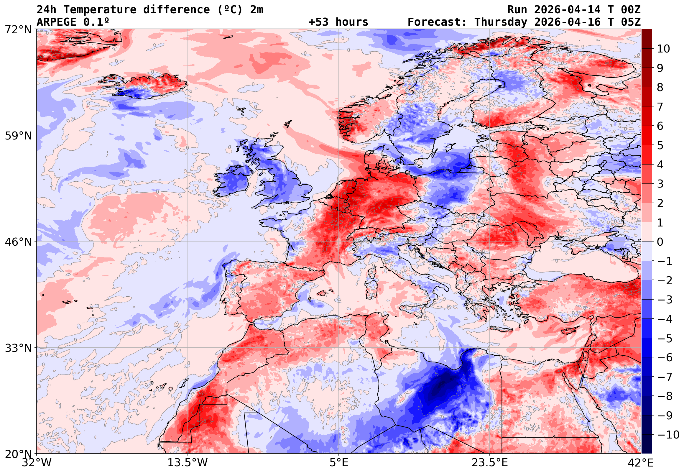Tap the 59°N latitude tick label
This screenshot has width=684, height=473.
tap(18, 136)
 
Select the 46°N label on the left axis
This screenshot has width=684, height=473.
tap(18, 242)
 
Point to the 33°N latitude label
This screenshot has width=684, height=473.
tap(18, 348)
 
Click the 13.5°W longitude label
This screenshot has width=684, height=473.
tap(188, 463)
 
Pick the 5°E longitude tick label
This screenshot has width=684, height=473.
tap(339, 463)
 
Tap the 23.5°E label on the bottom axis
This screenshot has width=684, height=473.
tap(490, 463)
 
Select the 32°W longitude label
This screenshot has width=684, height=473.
tap(37, 463)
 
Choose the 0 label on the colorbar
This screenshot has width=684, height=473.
tap(660, 242)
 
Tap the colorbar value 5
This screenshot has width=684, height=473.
tap(660, 145)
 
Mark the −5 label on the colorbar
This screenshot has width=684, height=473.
tap(665, 339)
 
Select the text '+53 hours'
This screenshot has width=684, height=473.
tap(338, 22)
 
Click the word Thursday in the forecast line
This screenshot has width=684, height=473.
tap(501, 22)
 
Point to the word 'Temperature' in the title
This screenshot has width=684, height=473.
tap(100, 10)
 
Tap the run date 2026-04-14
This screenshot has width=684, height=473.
tap(567, 10)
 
